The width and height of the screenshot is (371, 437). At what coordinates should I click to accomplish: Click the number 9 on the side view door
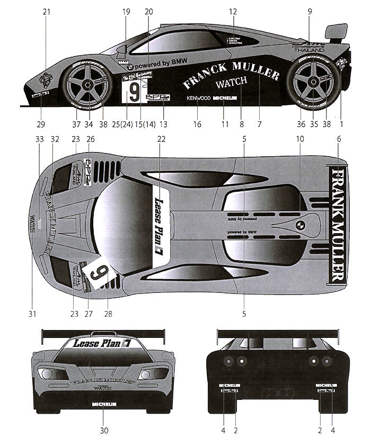tap(134, 91)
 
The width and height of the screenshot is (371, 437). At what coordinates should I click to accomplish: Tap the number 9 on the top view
tap(98, 274)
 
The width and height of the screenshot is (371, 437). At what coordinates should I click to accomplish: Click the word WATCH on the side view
tap(232, 83)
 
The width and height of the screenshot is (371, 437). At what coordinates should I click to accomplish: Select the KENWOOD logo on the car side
tap(198, 98)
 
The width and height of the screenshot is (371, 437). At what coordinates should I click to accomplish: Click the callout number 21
tap(45, 11)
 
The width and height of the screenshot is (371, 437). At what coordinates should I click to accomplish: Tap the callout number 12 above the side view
tap(233, 11)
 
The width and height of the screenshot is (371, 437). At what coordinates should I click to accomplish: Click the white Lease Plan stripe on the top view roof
tap(161, 223)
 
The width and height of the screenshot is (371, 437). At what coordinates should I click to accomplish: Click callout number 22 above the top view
tap(161, 139)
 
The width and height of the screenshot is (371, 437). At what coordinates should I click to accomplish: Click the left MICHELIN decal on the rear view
tap(229, 385)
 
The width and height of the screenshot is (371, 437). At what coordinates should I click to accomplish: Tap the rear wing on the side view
tap(335, 32)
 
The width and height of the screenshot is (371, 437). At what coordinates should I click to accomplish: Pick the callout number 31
tap(32, 314)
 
